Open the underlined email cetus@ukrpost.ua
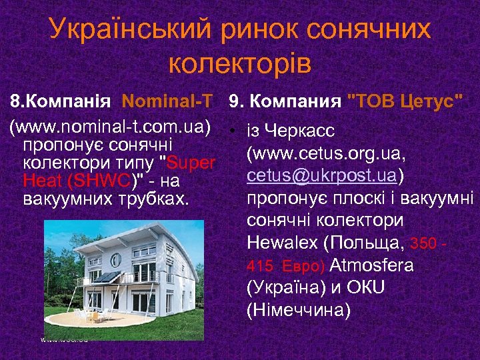(322, 175)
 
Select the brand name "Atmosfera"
(371, 265)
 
